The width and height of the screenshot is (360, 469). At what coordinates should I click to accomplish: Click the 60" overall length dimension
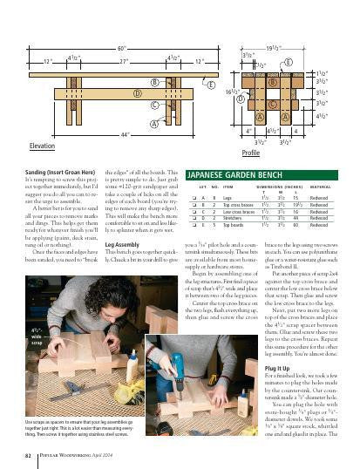[122, 50]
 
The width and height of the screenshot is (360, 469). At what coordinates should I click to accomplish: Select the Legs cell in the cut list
[228, 199]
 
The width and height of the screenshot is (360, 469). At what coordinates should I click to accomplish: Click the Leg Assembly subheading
[122, 247]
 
